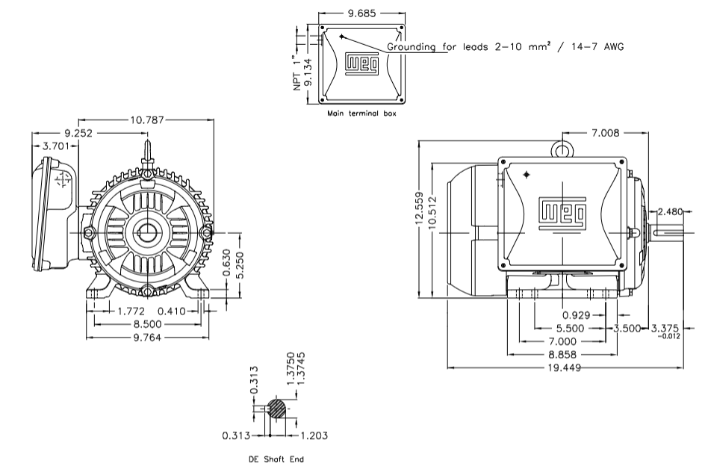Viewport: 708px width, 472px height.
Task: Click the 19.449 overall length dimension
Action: point(565,368)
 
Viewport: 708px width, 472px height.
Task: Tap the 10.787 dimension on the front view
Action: point(148,119)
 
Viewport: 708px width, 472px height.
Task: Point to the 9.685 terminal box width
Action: point(361,13)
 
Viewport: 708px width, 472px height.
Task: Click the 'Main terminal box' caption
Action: point(361,114)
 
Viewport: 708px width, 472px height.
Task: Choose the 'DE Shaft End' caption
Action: point(276,459)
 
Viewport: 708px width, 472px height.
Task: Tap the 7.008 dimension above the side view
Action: point(606,133)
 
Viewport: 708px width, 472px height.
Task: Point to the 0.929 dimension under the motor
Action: point(576,314)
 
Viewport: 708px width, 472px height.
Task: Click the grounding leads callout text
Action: point(504,46)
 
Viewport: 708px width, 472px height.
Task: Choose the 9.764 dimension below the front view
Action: point(147,338)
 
